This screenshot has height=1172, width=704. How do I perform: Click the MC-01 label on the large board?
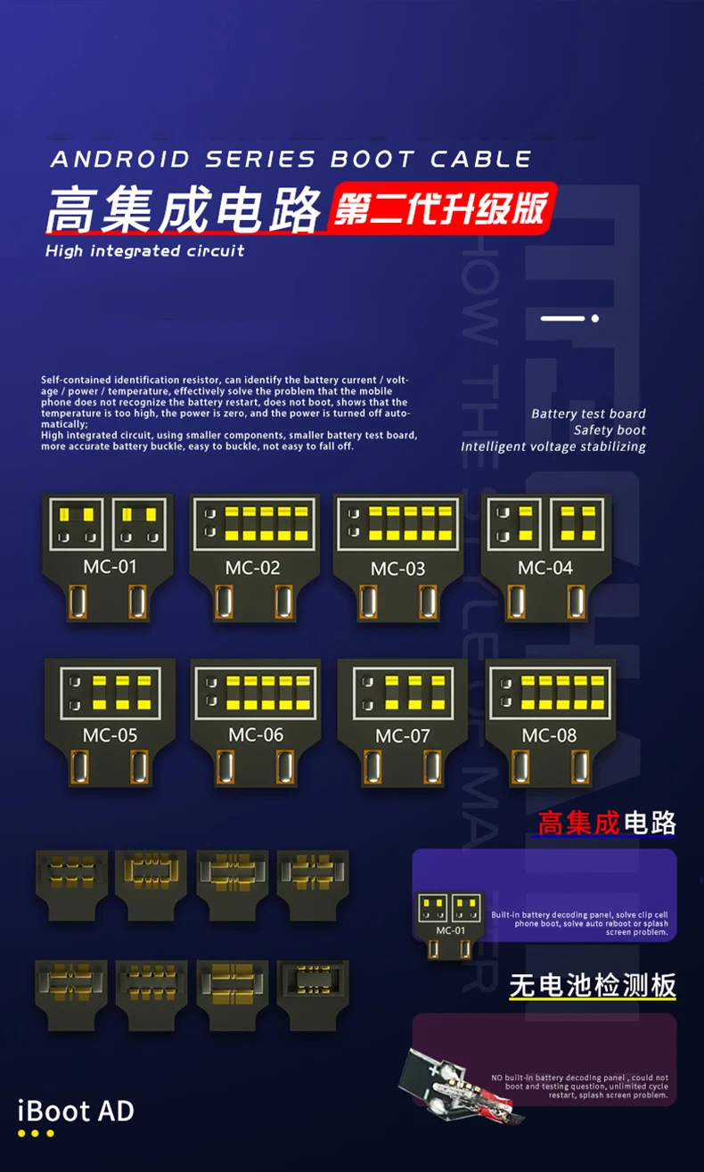coord(110,566)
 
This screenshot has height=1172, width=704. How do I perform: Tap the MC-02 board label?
coord(253,568)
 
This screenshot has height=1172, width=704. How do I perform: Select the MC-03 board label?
coord(397,569)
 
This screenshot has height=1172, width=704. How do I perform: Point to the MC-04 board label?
coord(544,568)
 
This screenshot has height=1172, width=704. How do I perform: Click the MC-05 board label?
coord(110,735)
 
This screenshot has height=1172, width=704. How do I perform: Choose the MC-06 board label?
coord(256,734)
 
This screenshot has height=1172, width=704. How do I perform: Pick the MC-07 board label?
coord(402,736)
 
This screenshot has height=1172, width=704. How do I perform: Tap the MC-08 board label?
coord(549,735)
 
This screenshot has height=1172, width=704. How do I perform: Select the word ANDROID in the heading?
coord(120,160)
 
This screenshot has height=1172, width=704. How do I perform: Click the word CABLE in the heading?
coord(481,160)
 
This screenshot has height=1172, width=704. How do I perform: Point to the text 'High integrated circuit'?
coord(144,250)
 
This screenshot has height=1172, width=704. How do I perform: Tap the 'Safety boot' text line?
coord(610,430)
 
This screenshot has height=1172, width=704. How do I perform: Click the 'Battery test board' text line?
coord(588,414)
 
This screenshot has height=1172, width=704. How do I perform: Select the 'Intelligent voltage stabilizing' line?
coord(553,447)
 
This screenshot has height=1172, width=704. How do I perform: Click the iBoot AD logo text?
coord(76,1111)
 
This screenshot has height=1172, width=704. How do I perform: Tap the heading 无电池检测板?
coord(593,985)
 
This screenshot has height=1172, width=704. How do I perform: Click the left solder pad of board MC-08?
coord(520,769)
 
